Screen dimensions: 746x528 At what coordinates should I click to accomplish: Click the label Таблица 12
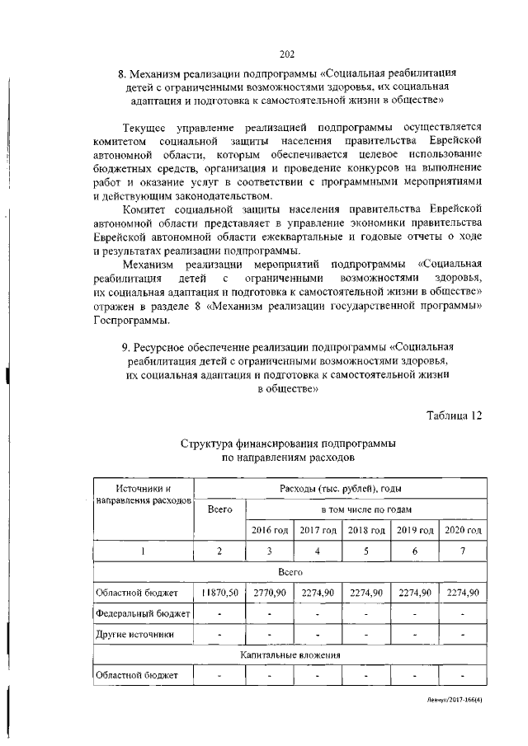coord(454,415)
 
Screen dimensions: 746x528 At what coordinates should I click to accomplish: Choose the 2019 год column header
coord(415,529)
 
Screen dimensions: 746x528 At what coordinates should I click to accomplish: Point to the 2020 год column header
coord(463,529)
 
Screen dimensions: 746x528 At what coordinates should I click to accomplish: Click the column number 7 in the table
coord(463,551)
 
